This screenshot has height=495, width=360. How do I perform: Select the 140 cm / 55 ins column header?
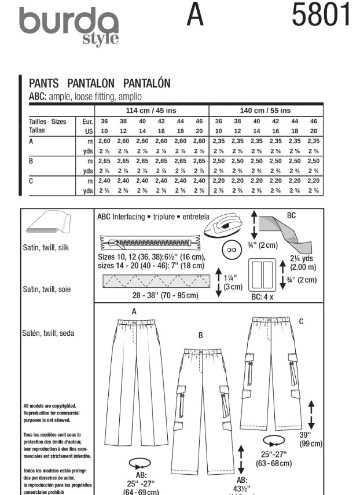point(265,110)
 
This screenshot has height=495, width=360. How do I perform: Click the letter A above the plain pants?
point(134,311)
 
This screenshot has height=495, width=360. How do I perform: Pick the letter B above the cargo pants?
point(200,335)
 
